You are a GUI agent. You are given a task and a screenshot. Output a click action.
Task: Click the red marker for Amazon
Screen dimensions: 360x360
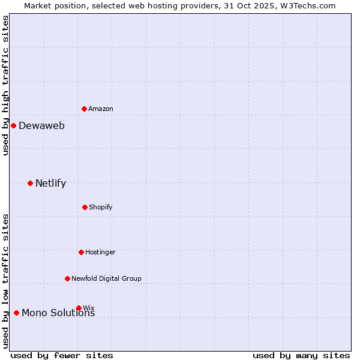pyautogui.click(x=85, y=109)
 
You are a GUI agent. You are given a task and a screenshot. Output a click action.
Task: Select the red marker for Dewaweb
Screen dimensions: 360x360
pyautogui.click(x=14, y=125)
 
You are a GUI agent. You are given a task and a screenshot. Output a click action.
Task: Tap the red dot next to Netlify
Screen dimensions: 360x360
pyautogui.click(x=30, y=183)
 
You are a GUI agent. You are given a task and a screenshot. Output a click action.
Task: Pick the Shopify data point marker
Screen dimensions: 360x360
pyautogui.click(x=85, y=207)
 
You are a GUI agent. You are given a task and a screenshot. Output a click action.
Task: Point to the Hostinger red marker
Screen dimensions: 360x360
pyautogui.click(x=81, y=252)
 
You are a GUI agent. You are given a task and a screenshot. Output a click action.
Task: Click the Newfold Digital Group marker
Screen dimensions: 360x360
pyautogui.click(x=67, y=278)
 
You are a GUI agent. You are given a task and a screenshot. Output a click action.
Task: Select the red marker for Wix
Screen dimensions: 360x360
pyautogui.click(x=79, y=308)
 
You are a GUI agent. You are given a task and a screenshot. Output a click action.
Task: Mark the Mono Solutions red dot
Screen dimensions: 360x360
pyautogui.click(x=16, y=313)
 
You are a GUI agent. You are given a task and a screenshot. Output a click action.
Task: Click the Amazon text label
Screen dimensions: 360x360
pyautogui.click(x=101, y=109)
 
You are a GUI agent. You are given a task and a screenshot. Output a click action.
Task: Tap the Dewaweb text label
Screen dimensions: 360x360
pyautogui.click(x=41, y=125)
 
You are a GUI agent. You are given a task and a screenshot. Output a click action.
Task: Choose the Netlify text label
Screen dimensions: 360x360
pyautogui.click(x=50, y=183)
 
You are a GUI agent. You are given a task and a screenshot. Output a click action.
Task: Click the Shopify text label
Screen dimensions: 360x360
pyautogui.click(x=101, y=207)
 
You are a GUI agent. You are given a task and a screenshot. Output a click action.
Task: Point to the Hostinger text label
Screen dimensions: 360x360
pyautogui.click(x=100, y=252)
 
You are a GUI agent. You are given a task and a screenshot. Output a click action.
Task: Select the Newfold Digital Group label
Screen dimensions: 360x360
pyautogui.click(x=106, y=278)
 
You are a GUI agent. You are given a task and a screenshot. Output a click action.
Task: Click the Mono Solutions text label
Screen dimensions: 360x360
pyautogui.click(x=58, y=313)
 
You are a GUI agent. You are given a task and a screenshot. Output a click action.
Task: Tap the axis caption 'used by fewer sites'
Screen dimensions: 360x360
pyautogui.click(x=62, y=355)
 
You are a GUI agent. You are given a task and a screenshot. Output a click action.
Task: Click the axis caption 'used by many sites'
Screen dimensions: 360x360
pyautogui.click(x=301, y=355)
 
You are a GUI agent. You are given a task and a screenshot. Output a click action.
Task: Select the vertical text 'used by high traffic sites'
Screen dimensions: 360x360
pyautogui.click(x=5, y=85)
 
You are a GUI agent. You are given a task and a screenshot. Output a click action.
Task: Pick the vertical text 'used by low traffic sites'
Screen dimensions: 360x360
pyautogui.click(x=5, y=281)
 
